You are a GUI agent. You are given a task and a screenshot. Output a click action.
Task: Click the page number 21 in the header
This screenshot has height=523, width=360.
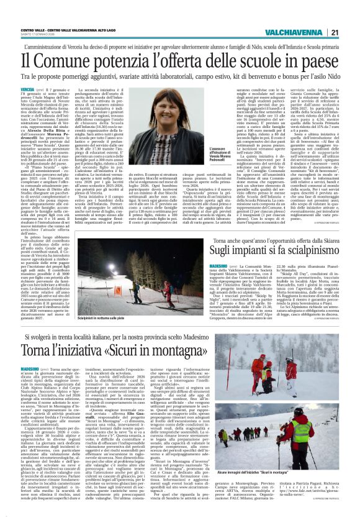pos(351,15)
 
